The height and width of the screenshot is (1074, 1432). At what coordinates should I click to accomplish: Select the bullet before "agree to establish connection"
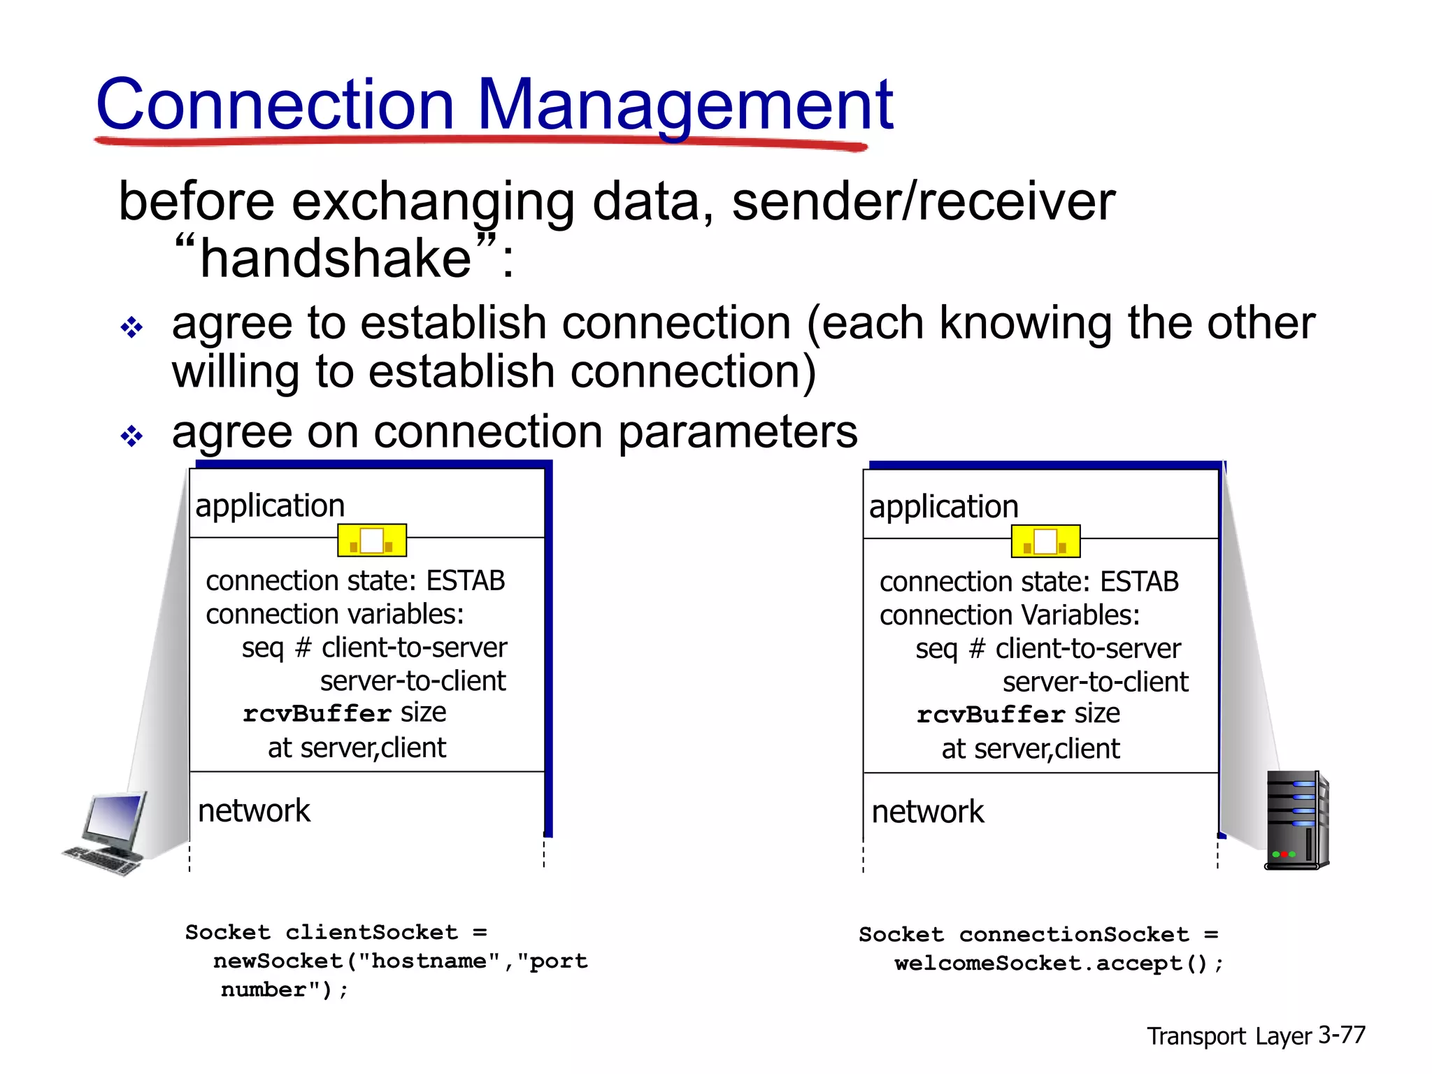point(131,327)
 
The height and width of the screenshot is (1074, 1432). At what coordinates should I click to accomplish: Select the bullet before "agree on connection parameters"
point(131,436)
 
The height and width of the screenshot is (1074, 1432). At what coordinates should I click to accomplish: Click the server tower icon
point(1296,819)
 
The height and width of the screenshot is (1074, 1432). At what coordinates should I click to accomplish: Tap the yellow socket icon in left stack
point(372,540)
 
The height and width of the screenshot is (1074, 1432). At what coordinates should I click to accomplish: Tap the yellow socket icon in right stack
point(1045,541)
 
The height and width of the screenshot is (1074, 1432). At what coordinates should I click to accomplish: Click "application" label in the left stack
point(270,506)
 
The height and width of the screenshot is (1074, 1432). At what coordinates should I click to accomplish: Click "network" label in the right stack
point(927,812)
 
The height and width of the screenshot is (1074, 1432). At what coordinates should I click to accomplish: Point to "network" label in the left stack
point(254,811)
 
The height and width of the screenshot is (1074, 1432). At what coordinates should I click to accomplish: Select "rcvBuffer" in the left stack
point(317,714)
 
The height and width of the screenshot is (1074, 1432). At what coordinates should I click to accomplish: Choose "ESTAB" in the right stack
point(1139,582)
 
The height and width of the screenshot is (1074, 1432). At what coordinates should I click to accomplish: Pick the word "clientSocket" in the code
point(371,932)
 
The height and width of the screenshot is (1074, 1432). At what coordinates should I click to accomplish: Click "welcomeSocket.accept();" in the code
point(1058,964)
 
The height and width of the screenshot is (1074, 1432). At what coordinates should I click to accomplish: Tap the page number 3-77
point(1341,1035)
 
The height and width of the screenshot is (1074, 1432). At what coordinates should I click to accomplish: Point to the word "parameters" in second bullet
point(738,432)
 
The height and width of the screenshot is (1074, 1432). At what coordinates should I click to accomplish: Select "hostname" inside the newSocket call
point(429,961)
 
